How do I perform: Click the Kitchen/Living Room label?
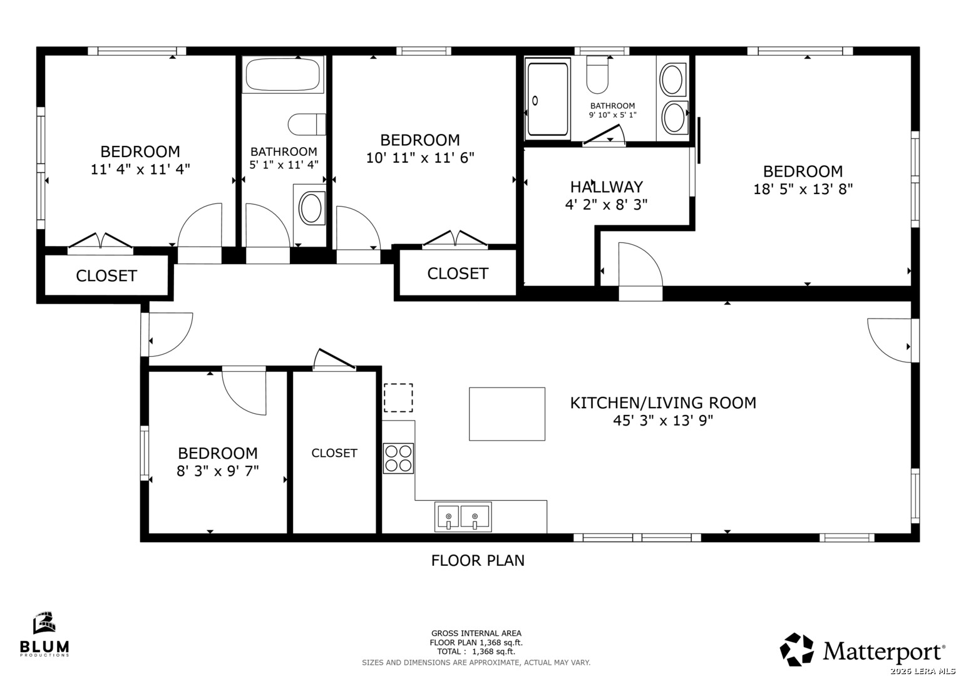663,403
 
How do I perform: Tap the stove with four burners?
398,458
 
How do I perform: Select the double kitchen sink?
463,517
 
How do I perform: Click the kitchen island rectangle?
507,414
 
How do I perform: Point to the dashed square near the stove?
398,397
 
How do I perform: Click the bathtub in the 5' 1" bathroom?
283,74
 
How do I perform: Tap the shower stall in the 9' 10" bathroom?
548,99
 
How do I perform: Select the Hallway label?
607,187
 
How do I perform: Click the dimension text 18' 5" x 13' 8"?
803,189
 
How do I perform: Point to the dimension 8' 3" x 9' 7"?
218,471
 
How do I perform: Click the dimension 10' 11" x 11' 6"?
420,158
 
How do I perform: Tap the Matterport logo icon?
796,649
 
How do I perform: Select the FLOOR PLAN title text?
478,560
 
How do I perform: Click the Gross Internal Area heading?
476,633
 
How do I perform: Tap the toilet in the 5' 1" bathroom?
307,125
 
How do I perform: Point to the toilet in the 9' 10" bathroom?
597,74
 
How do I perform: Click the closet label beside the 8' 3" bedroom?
334,453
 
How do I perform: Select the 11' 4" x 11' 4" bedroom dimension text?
140,170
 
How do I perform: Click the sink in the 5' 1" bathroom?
311,208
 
